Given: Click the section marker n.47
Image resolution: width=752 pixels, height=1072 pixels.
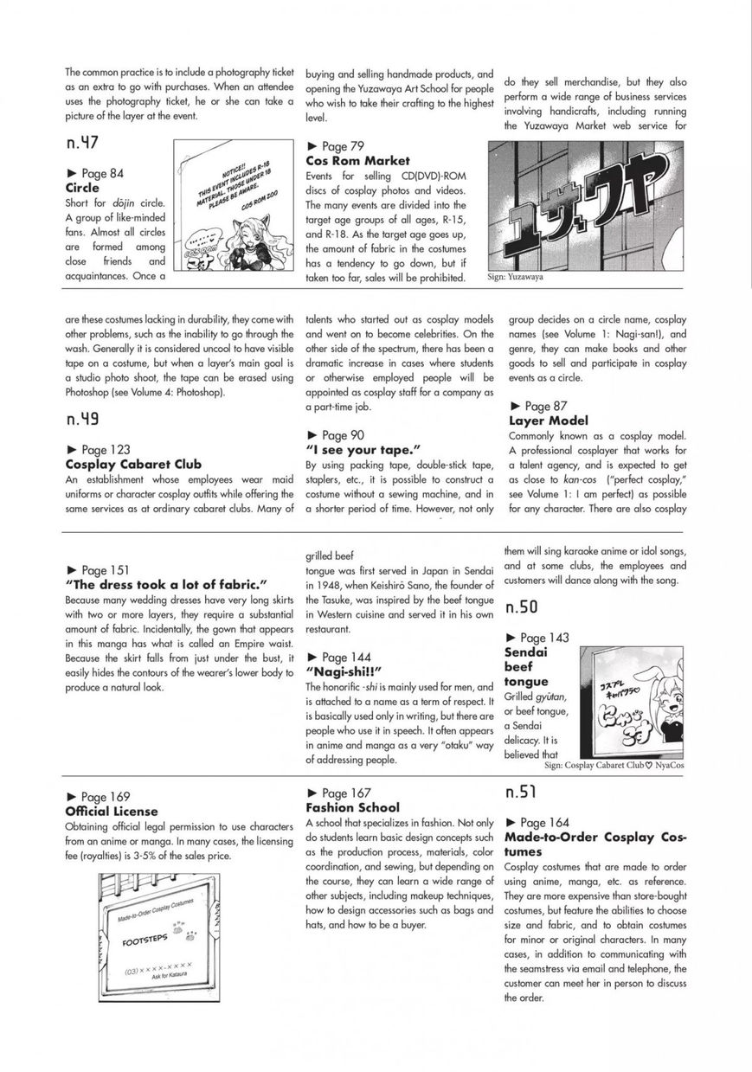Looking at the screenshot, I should pos(81,144).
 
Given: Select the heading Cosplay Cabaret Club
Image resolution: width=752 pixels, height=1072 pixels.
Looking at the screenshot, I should pos(132,465).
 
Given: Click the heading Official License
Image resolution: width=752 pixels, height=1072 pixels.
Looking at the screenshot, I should pos(111,812).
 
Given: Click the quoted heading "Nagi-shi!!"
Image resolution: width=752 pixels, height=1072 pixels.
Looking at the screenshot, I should pos(344,671).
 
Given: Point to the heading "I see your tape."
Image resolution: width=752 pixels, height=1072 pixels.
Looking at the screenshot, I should pos(363,450).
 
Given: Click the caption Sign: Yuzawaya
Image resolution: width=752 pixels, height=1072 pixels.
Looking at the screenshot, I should pos(517,279).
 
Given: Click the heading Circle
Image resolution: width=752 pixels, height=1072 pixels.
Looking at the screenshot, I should pos(82,188).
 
